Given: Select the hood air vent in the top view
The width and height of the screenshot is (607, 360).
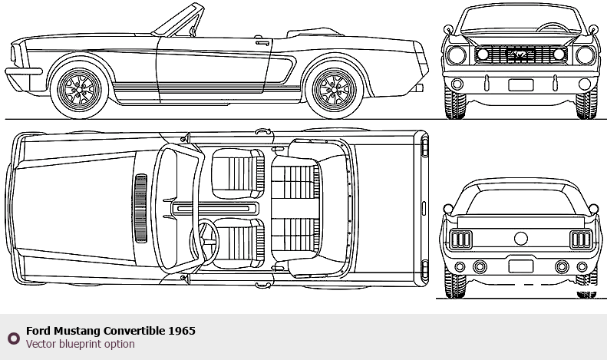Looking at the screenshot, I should tap(140, 207).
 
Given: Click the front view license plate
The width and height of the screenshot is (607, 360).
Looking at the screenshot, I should tap(520, 85).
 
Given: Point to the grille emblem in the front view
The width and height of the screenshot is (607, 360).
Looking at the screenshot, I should tap(522, 54).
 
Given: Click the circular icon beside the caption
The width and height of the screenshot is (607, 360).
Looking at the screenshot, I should tap(13, 338).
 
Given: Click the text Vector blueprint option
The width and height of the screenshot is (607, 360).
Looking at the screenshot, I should tap(81, 344).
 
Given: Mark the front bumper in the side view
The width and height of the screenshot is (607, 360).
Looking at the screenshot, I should tap(23, 73).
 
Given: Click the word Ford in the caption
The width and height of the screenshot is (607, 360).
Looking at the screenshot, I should tap(38, 331).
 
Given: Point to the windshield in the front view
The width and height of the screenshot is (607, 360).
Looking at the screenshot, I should tap(521, 23).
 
